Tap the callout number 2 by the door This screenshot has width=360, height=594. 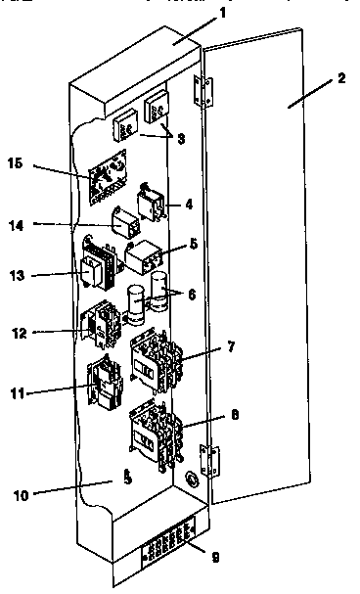[x=341, y=77]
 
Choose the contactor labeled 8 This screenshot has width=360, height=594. [x=155, y=435]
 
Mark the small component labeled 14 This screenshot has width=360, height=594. [x=124, y=223]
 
